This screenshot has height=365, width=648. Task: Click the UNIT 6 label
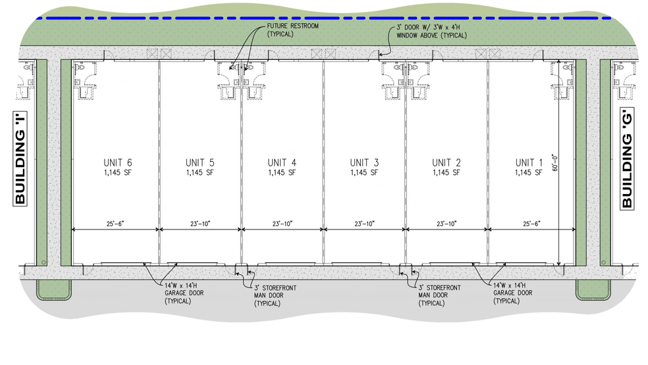pos(118,162)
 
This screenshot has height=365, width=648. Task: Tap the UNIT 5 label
pos(200,162)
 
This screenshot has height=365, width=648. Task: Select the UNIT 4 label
pos(282,162)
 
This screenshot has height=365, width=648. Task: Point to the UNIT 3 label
pos(364,162)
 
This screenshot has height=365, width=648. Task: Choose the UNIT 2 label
pos(446,162)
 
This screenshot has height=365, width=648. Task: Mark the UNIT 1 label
pos(529,162)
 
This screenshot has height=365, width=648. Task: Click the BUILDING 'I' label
pos(20,158)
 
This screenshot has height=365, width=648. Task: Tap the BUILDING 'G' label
pos(627,158)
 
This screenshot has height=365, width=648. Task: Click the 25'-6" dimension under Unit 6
pos(115,224)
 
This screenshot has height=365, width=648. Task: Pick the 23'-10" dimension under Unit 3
pos(364,224)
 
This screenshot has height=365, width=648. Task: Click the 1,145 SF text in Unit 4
pos(282,173)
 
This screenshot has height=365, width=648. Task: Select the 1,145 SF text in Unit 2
pos(446,173)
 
